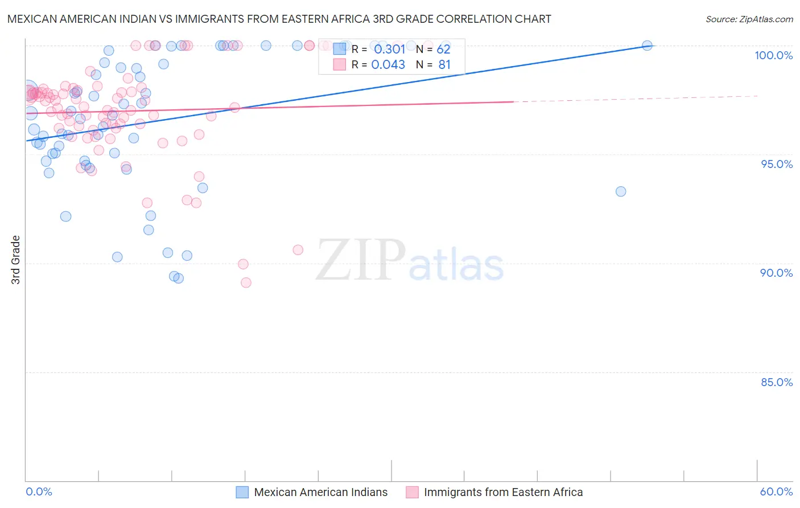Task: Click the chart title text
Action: click(x=279, y=19)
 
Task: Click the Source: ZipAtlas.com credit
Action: click(x=749, y=19)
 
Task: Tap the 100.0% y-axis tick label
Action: click(x=773, y=55)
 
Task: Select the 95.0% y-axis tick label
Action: click(x=777, y=164)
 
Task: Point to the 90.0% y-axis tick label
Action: click(x=777, y=273)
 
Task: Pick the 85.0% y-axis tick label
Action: click(x=777, y=382)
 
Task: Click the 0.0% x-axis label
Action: click(x=39, y=491)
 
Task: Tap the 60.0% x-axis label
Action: click(x=776, y=491)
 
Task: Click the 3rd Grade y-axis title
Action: click(x=16, y=260)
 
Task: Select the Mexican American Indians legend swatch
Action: click(x=242, y=492)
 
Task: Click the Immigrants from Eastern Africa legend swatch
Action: click(x=412, y=492)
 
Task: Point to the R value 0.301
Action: click(x=389, y=50)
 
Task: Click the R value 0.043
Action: click(x=388, y=65)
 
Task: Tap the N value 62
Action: click(x=443, y=50)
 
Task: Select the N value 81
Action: click(x=444, y=65)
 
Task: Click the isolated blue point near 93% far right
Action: click(x=621, y=191)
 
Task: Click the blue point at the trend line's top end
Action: click(x=647, y=46)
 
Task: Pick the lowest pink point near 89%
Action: click(x=246, y=282)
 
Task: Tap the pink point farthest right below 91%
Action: click(x=298, y=249)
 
